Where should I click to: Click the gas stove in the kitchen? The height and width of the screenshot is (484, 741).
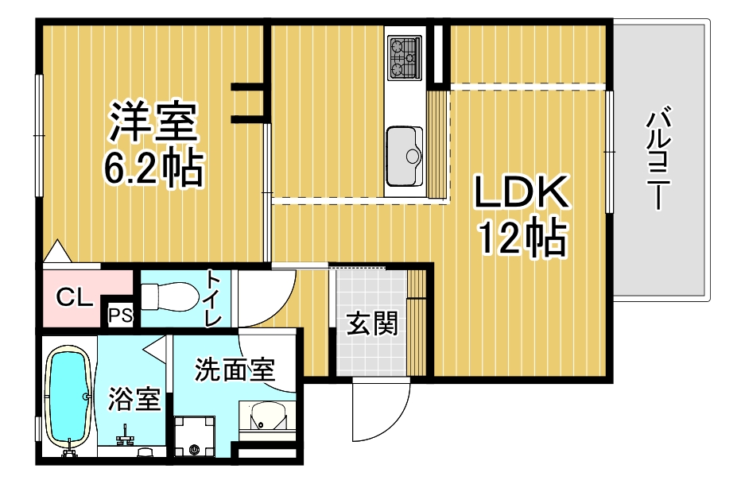(405, 58)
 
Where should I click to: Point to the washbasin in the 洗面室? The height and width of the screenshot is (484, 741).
(265, 416)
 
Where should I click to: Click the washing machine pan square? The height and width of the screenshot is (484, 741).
(195, 437)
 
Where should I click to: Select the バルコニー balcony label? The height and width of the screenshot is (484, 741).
(657, 159)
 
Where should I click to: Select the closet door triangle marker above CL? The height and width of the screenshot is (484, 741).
(56, 252)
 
